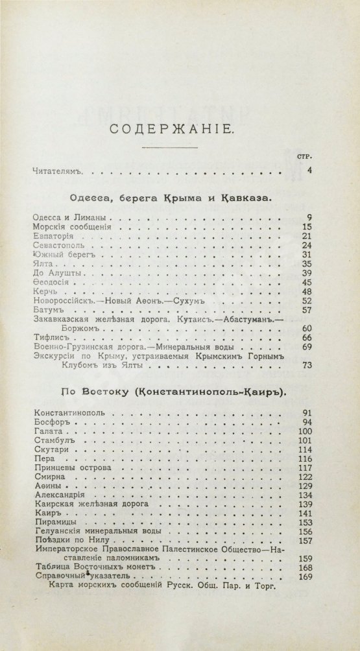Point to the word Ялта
click(43, 265)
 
